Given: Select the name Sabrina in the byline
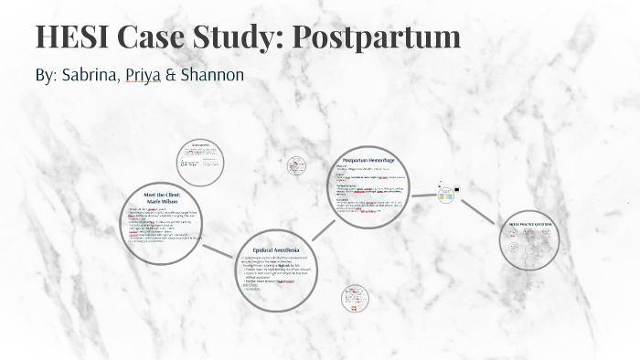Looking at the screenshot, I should tap(88, 75).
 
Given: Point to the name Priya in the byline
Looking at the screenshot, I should tap(142, 75).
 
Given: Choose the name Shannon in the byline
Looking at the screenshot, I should tap(212, 75).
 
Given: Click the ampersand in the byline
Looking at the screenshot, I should tap(170, 75).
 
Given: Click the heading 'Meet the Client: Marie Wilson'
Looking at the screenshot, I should tap(163, 198).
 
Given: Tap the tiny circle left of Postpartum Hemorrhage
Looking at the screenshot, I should tap(296, 166).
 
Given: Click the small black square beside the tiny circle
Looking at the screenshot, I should tap(456, 190).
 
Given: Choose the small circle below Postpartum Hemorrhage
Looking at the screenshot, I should tap(354, 297).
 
